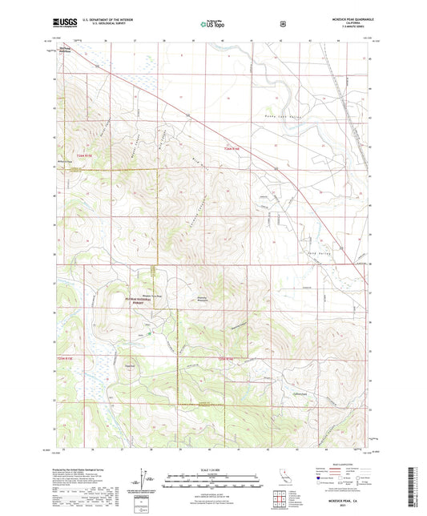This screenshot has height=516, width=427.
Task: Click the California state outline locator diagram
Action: point(284,478)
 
